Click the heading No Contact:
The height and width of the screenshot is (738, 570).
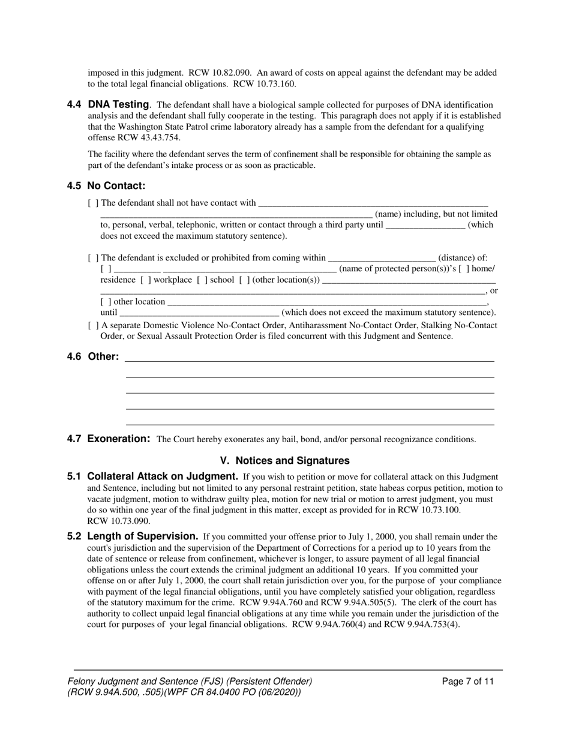[116, 185]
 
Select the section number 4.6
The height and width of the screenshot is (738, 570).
[74, 356]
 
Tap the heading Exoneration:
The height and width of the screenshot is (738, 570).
[119, 439]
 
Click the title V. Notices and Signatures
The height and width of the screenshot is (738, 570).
[284, 461]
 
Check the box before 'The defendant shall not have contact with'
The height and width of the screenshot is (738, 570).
[93, 203]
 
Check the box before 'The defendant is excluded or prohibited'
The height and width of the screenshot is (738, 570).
[93, 258]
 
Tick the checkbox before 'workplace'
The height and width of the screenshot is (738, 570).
[146, 280]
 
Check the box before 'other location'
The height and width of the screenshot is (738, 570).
[106, 302]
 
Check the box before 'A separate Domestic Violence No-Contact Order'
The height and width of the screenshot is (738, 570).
[93, 325]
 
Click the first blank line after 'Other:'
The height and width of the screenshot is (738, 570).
[309, 359]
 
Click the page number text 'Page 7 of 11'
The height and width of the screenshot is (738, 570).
[468, 681]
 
